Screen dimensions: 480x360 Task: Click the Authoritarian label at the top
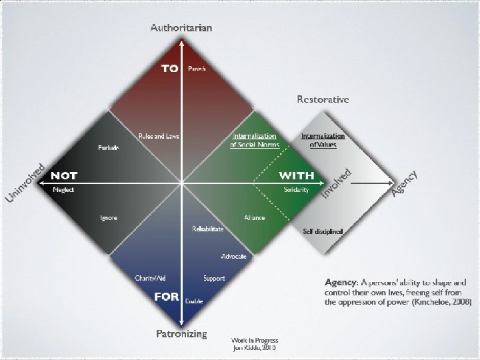click(181, 28)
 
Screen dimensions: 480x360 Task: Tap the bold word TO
click(169, 69)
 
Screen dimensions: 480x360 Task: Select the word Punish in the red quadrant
click(197, 69)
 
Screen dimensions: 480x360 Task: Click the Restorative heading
click(323, 99)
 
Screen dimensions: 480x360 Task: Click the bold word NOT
click(64, 176)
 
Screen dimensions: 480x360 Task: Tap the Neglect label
click(64, 190)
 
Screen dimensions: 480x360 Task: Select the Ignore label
click(108, 218)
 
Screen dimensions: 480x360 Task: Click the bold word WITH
click(296, 176)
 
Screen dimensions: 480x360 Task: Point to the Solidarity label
click(296, 190)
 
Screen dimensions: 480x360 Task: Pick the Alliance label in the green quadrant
click(254, 218)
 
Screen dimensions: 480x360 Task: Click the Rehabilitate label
click(207, 229)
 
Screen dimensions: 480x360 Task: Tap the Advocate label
click(234, 257)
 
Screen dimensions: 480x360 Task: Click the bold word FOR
click(166, 297)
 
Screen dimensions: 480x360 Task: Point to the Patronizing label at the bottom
click(181, 333)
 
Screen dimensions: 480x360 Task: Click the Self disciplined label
click(323, 231)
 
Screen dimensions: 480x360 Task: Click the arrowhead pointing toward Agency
click(390, 182)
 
